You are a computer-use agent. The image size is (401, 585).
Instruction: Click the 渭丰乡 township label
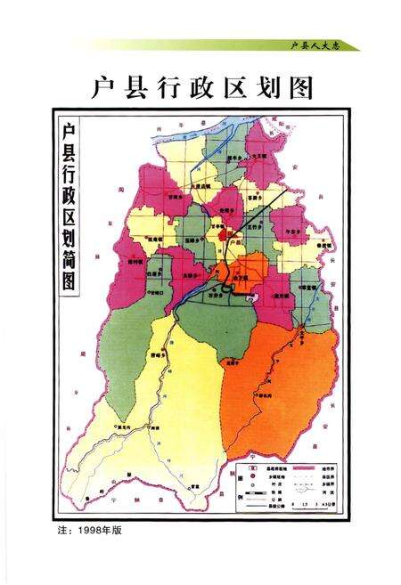pos(235,157)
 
